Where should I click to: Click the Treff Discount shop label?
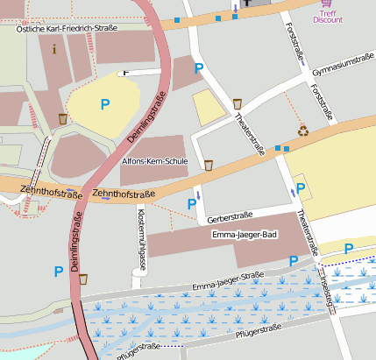point(328,17)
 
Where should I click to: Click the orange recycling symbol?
point(303,131)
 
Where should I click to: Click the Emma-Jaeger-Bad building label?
point(245,235)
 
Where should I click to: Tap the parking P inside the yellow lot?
point(105,104)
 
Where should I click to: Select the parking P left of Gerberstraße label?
point(192,204)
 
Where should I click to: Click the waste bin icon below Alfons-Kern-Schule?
point(209,165)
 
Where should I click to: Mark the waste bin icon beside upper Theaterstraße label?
point(238,104)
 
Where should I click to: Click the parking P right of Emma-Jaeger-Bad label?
point(294,261)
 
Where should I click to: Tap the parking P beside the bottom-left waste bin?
point(60,272)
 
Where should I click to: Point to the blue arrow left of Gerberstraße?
point(197,194)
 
